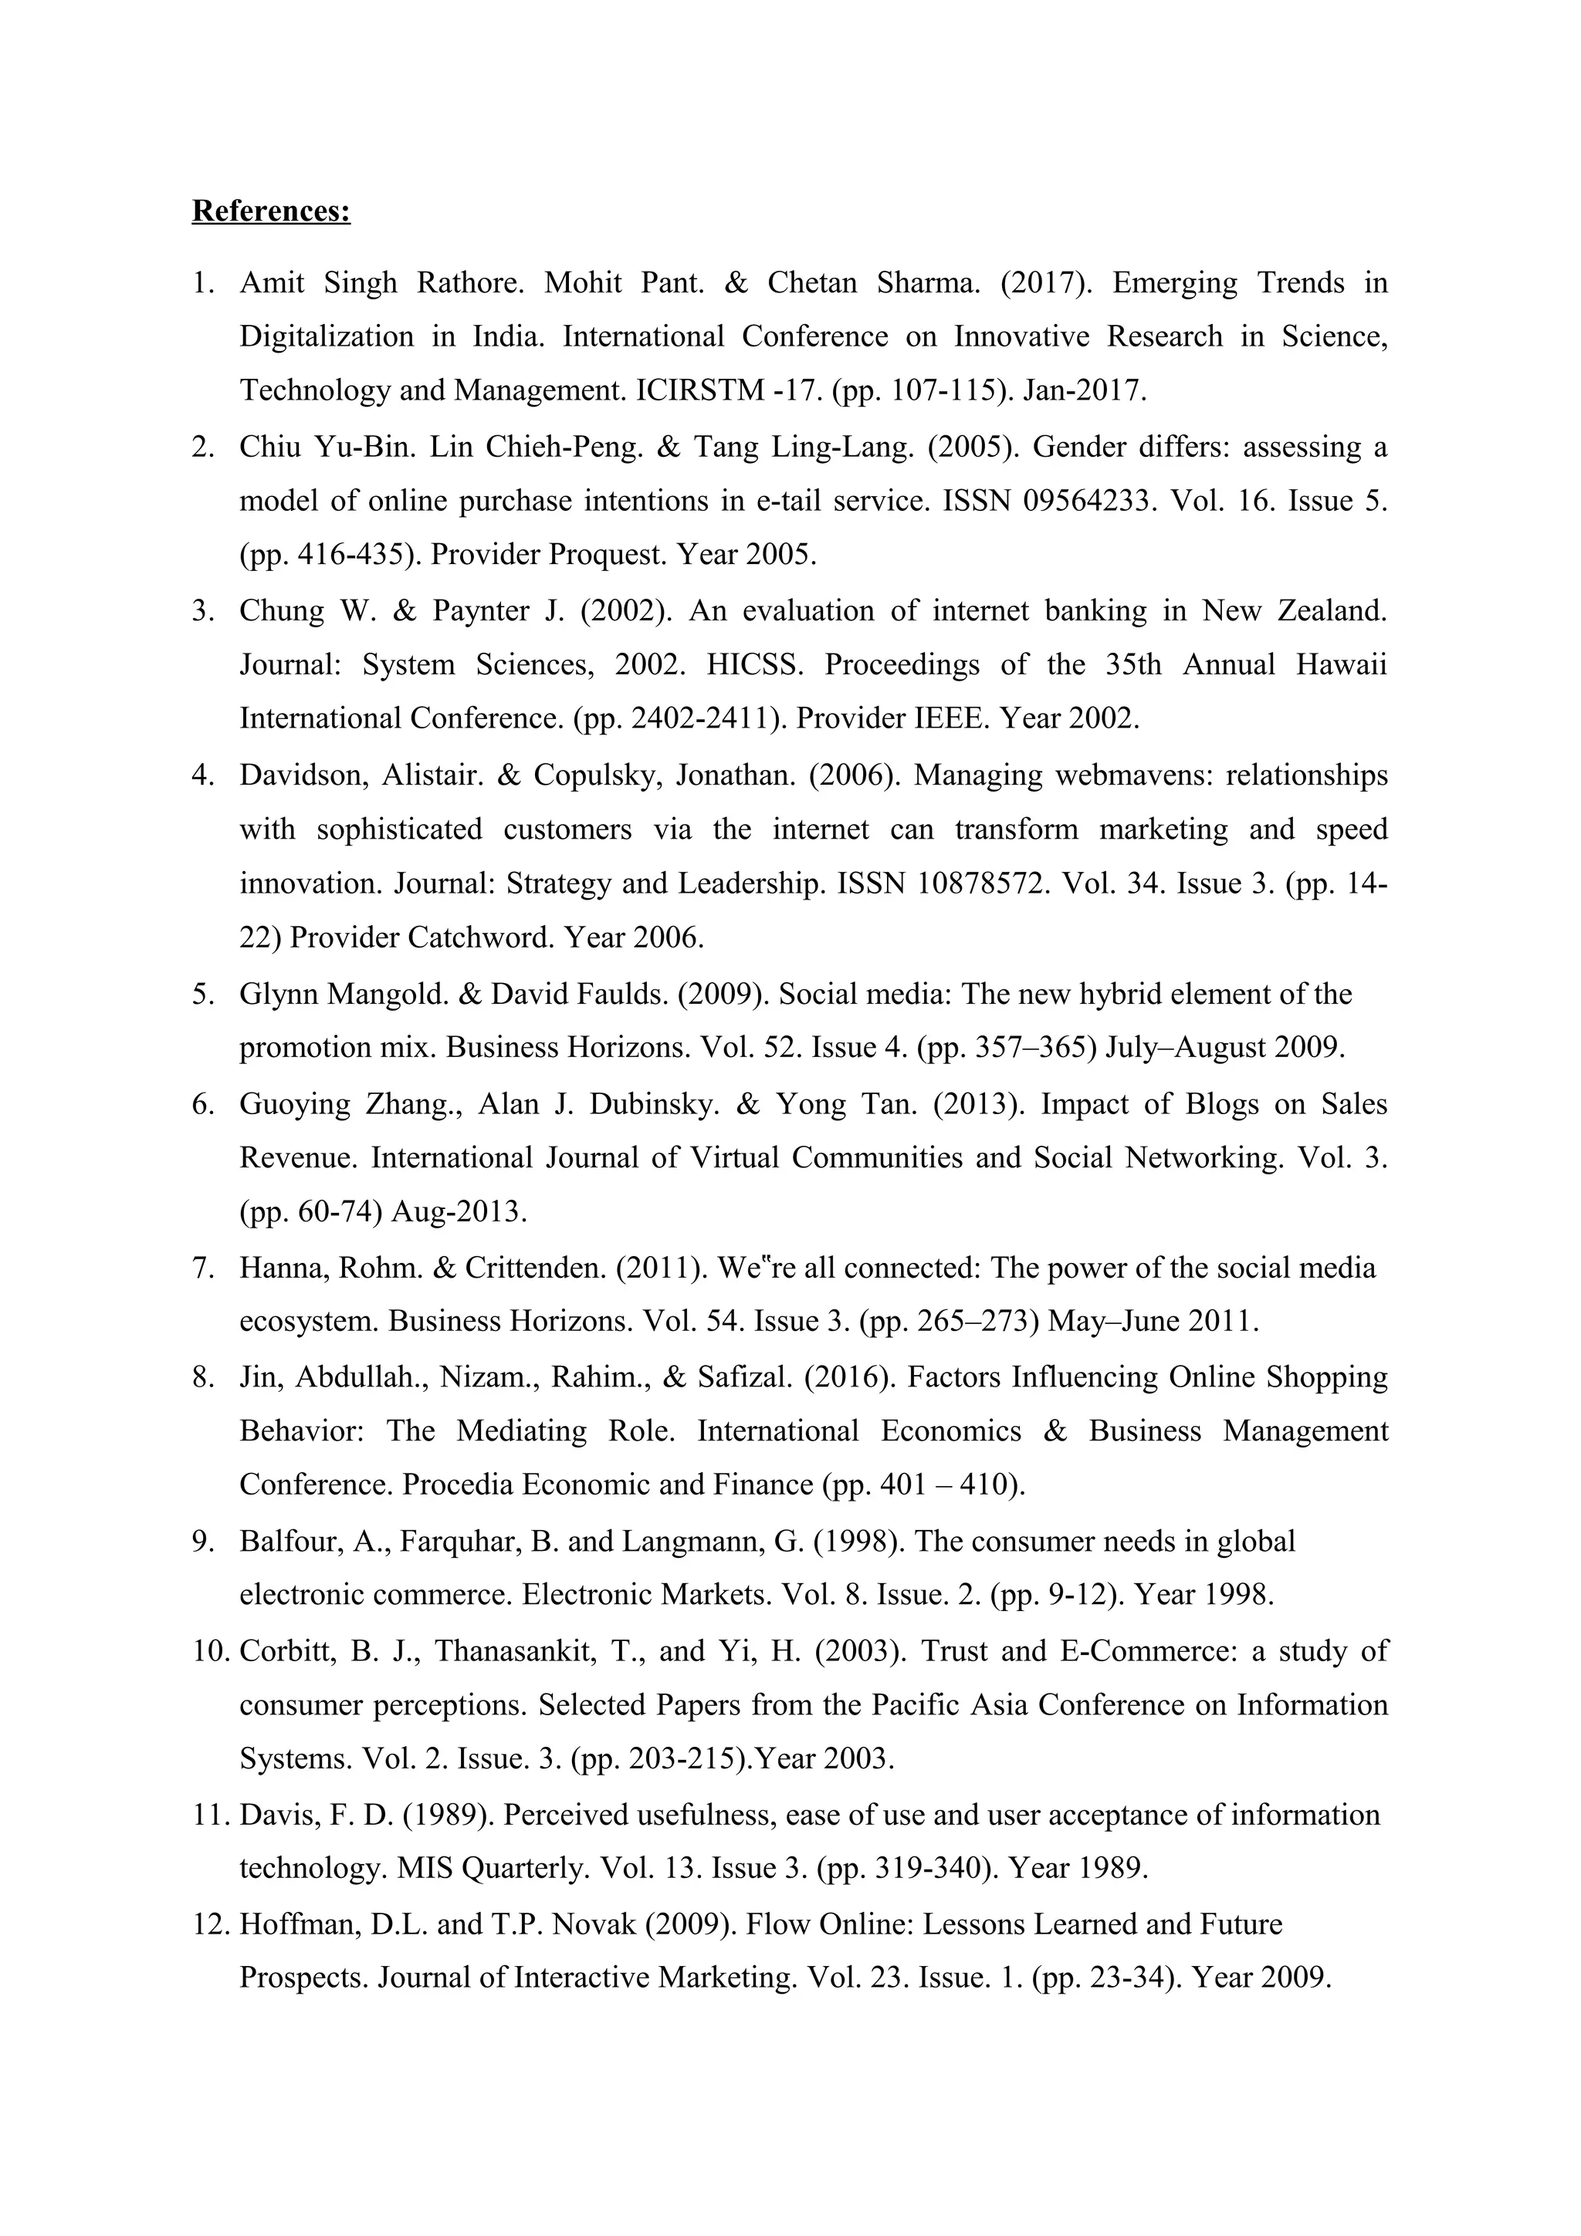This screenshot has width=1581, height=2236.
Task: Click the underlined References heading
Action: coord(271,211)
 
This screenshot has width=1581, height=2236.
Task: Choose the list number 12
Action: coord(208,1924)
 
